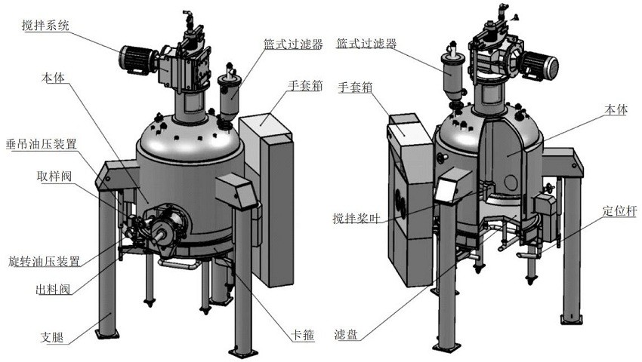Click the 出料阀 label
(54, 290)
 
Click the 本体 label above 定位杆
(616, 110)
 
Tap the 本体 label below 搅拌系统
(54, 78)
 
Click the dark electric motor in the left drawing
(136, 59)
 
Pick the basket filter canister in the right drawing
(454, 75)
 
